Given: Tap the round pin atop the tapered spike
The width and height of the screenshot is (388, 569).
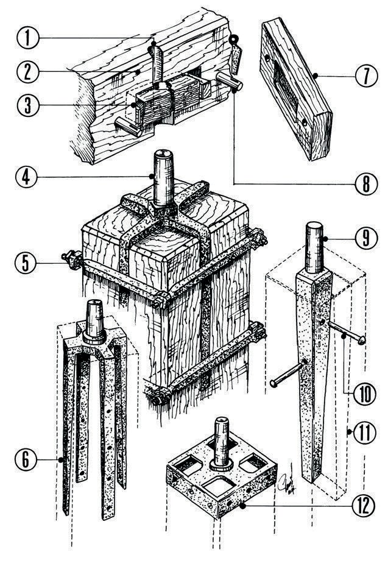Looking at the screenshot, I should coord(314,247).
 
